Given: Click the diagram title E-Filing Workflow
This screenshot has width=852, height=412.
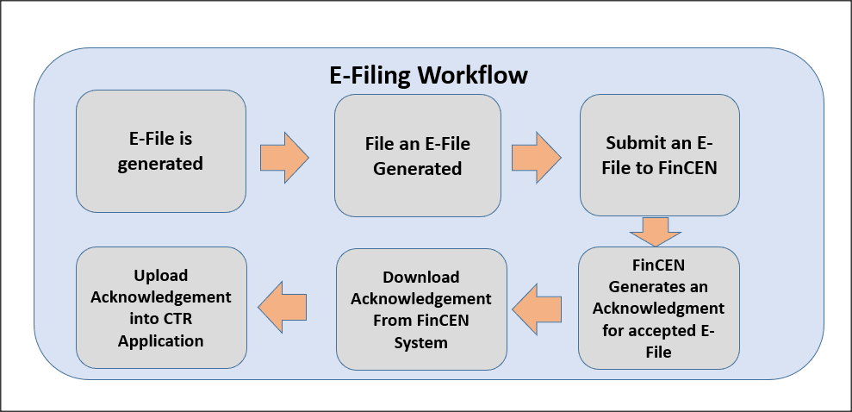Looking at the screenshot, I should click(x=428, y=74).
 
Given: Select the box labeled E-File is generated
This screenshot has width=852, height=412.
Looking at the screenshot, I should click(x=160, y=151).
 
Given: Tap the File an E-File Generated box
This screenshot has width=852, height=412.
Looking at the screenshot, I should click(x=417, y=155).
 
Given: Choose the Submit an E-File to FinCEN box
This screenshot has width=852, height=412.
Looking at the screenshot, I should click(x=659, y=155).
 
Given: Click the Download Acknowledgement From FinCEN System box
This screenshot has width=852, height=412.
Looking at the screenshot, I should click(x=421, y=309).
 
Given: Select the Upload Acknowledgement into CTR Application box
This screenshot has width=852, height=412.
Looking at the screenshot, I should click(x=160, y=308).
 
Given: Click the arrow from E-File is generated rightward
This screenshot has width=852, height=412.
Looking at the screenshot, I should click(x=283, y=157).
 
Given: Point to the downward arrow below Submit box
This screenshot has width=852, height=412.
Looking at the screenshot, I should click(x=655, y=231).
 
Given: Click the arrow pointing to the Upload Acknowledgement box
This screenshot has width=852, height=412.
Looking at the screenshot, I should click(x=283, y=306).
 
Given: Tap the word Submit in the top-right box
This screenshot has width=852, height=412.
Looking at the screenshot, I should click(x=636, y=143).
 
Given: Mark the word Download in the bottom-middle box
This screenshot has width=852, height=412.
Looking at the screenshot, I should click(x=421, y=278).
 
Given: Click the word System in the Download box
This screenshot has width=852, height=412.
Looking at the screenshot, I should click(x=421, y=342).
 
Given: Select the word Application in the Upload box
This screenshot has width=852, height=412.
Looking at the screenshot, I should click(x=162, y=340).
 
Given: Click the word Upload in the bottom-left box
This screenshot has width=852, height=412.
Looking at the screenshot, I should click(x=160, y=276).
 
